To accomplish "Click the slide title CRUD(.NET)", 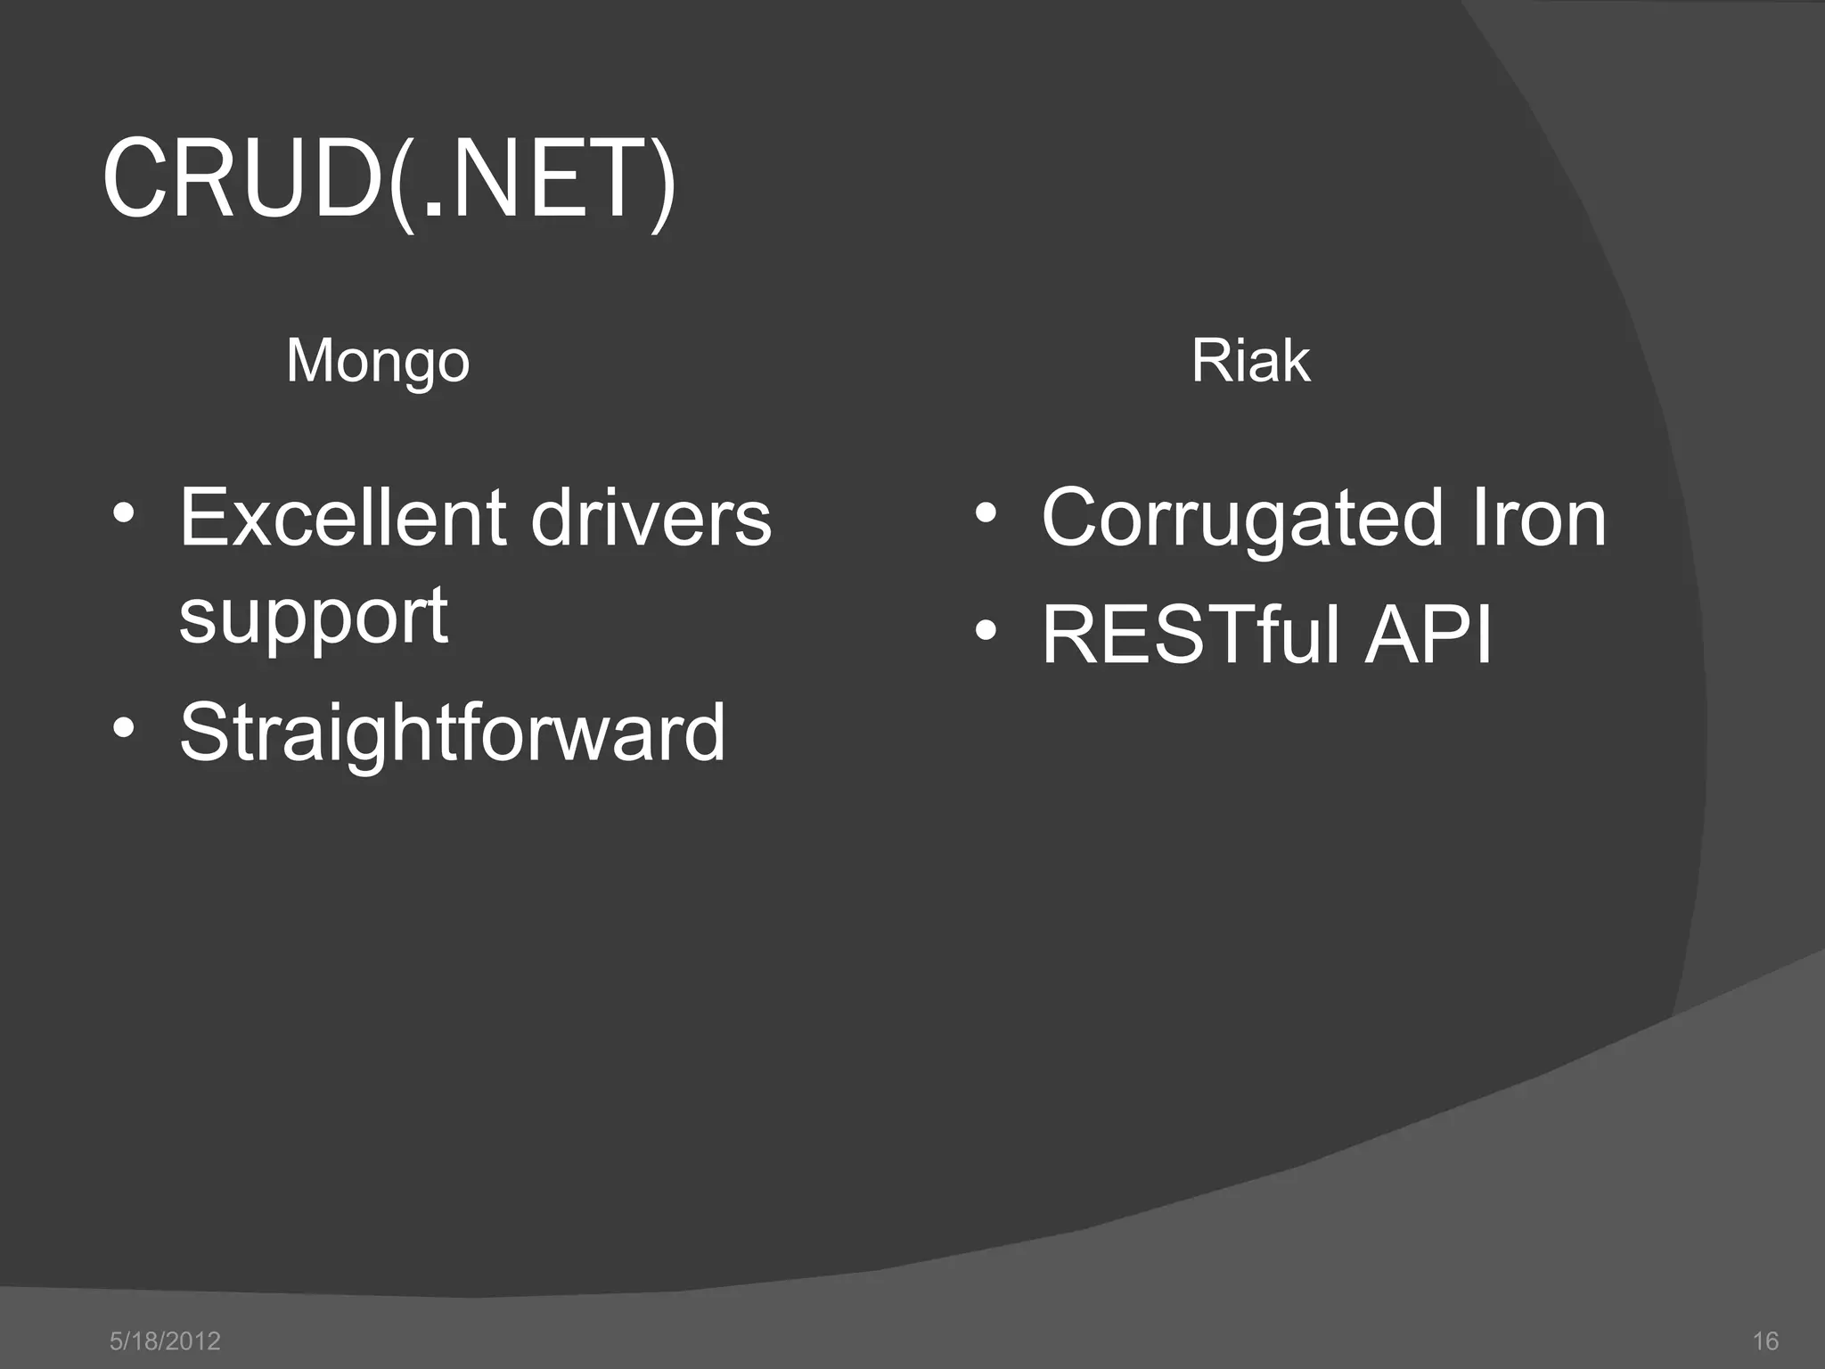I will coord(389,180).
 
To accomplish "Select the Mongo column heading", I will coord(378,361).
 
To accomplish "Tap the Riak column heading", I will coord(1250,361).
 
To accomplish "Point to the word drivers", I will coord(651,518).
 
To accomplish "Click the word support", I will coord(313,617).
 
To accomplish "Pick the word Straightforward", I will coord(453,732).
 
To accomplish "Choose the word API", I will coord(1428,635).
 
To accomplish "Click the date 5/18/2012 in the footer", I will coord(165,1340).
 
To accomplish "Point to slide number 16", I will coord(1764,1340).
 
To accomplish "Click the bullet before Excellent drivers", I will coord(124,515).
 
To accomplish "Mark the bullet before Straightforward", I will coord(124,729).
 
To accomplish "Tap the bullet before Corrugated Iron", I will coord(985,515).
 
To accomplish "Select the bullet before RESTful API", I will coord(985,632).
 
